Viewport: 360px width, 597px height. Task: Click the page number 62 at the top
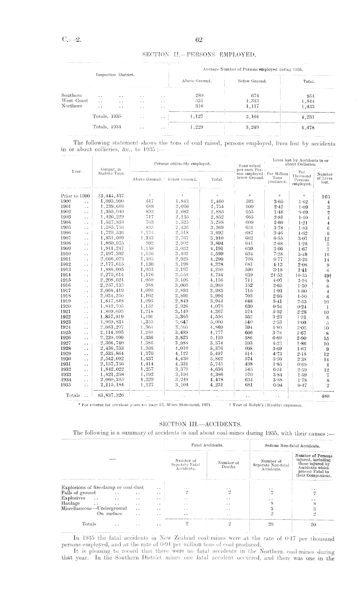pos(199,40)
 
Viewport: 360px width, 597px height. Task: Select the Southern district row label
pos(72,95)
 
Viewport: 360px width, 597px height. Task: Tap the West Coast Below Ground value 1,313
pos(252,100)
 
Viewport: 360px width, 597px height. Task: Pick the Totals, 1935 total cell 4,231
pos(308,117)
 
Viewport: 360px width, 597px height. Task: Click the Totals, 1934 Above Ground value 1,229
pos(197,127)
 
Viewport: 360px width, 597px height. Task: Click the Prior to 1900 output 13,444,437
pos(111,196)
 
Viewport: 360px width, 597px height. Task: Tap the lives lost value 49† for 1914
pos(326,275)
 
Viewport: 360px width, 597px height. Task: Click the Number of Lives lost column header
pos(325,178)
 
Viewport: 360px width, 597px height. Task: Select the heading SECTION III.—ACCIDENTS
pos(199,424)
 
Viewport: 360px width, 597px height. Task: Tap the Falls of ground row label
pos(79,493)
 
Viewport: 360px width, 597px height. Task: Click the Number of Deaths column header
pos(228,465)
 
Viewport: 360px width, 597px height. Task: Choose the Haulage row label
pos(70,503)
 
